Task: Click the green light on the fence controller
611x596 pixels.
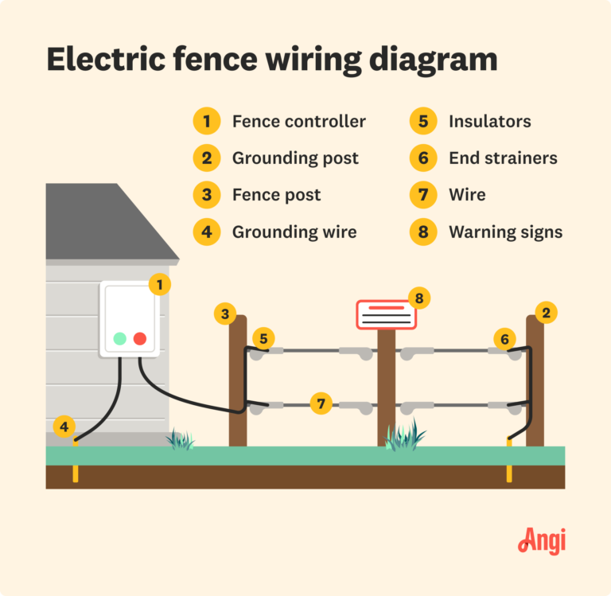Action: point(119,338)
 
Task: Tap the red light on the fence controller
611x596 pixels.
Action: point(140,338)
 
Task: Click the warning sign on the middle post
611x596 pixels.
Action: point(386,315)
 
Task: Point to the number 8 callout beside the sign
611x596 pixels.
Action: point(419,298)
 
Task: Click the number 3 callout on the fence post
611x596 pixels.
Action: point(225,314)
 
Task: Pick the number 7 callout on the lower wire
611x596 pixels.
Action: point(321,403)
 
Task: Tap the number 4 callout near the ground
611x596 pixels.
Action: point(64,427)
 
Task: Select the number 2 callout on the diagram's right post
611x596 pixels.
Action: point(546,313)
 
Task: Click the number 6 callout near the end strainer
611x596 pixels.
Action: point(504,339)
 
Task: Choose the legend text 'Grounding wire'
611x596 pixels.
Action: point(294,232)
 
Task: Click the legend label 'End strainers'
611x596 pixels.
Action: point(503,158)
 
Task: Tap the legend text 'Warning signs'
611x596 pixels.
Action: point(505,232)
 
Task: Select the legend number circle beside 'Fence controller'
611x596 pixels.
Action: point(206,121)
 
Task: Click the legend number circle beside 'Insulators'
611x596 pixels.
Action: point(422,121)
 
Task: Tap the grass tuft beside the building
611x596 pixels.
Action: point(181,439)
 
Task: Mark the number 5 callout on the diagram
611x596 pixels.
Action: point(263,337)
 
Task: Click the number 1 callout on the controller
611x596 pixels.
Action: point(160,283)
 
